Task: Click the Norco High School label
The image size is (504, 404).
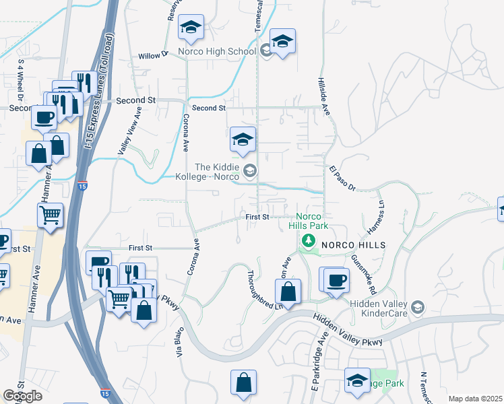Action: [217, 51]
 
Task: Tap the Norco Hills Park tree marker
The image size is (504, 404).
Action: [309, 240]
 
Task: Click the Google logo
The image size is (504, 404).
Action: [22, 396]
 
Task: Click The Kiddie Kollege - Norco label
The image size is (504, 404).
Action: [216, 172]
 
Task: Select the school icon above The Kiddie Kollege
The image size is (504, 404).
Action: [243, 140]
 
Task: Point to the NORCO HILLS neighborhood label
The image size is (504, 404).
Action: [352, 246]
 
